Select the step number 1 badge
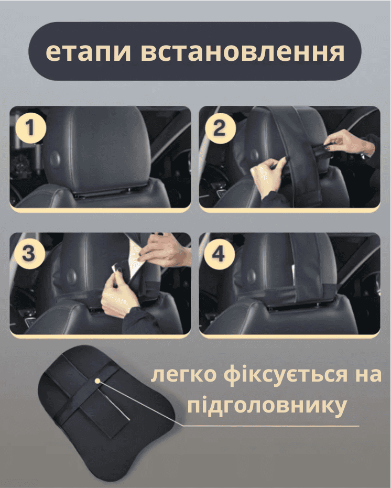(30, 127)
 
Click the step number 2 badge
(220, 128)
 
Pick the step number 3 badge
(28, 254)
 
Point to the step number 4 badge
(219, 254)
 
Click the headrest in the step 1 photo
(100, 150)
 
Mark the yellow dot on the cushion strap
(97, 381)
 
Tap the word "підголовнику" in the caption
(267, 405)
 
